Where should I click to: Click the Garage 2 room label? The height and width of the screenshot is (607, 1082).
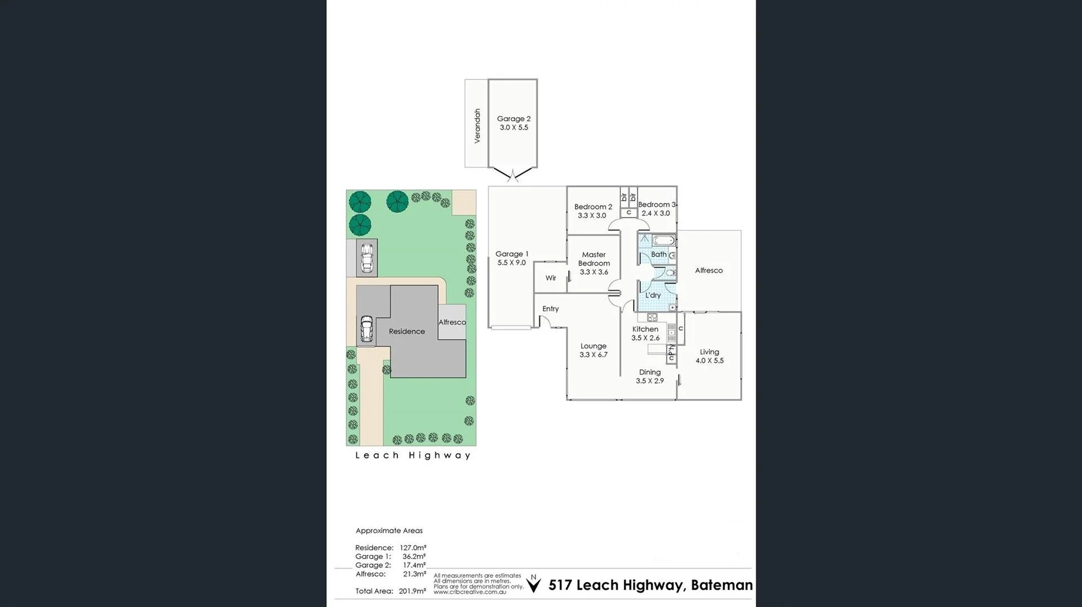(x=513, y=119)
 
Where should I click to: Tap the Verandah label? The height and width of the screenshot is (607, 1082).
(x=477, y=126)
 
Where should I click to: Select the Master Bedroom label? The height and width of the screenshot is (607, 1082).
(x=594, y=259)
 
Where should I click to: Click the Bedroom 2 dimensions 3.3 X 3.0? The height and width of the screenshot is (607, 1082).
(x=592, y=216)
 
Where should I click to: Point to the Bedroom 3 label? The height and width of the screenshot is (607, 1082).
(x=656, y=205)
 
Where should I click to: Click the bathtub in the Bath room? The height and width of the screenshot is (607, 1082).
(x=663, y=241)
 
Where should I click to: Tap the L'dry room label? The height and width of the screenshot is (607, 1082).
(x=653, y=295)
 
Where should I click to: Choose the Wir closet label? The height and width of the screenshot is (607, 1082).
(x=551, y=278)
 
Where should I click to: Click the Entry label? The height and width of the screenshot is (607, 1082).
(x=551, y=309)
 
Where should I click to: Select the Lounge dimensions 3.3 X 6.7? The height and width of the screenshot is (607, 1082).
(x=593, y=355)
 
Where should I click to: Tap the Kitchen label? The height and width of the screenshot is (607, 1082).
(x=645, y=329)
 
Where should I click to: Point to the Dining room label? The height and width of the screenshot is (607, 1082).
(x=650, y=372)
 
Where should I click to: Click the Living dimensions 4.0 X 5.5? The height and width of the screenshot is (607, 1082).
(x=709, y=361)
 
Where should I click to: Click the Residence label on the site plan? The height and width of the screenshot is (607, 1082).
(x=407, y=331)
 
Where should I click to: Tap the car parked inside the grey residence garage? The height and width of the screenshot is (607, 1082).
(x=366, y=329)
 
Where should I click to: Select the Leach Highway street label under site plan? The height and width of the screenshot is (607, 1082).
(x=413, y=455)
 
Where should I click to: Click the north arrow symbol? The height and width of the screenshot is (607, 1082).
(x=533, y=584)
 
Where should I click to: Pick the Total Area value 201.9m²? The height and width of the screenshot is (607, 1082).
(x=412, y=591)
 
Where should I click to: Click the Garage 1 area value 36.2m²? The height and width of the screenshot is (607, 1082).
(x=414, y=556)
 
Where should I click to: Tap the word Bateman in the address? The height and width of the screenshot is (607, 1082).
(x=721, y=585)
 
